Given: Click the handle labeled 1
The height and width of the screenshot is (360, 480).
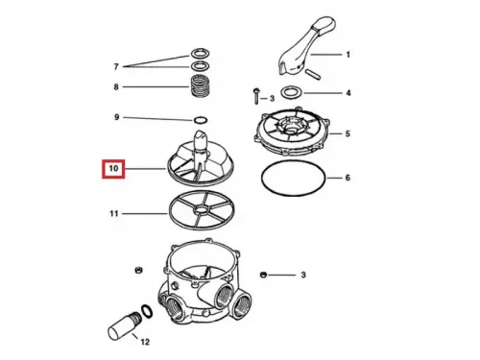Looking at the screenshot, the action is click(x=304, y=45).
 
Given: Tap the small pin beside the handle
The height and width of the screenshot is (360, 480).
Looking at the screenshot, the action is click(x=313, y=73).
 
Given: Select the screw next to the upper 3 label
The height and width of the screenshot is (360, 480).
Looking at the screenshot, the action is click(x=256, y=96).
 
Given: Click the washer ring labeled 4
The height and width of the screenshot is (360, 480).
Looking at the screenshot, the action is click(x=292, y=93).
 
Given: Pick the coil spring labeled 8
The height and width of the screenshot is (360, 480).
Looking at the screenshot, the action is click(x=201, y=85).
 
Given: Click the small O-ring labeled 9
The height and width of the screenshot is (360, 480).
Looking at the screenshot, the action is click(x=201, y=120).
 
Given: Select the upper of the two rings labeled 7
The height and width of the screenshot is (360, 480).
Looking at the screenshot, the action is click(x=201, y=53).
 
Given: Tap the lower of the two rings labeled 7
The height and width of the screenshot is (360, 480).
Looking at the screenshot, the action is click(x=201, y=65).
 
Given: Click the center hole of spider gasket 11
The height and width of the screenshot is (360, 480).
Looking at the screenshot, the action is click(x=202, y=210).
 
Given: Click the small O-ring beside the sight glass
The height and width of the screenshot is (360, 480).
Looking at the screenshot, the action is click(x=146, y=311).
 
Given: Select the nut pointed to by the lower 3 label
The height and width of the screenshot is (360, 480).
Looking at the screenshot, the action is click(x=263, y=275).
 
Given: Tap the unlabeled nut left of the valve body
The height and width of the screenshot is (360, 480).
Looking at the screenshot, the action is click(x=138, y=270).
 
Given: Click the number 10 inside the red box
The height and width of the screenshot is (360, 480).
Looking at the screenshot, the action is click(x=113, y=168).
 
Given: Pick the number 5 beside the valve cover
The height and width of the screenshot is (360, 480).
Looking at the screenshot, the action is click(x=348, y=133).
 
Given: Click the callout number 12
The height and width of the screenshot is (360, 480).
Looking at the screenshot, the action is click(x=145, y=342).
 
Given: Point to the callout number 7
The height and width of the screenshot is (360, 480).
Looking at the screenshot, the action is click(x=116, y=66).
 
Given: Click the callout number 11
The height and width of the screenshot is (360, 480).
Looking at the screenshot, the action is click(x=114, y=213).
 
